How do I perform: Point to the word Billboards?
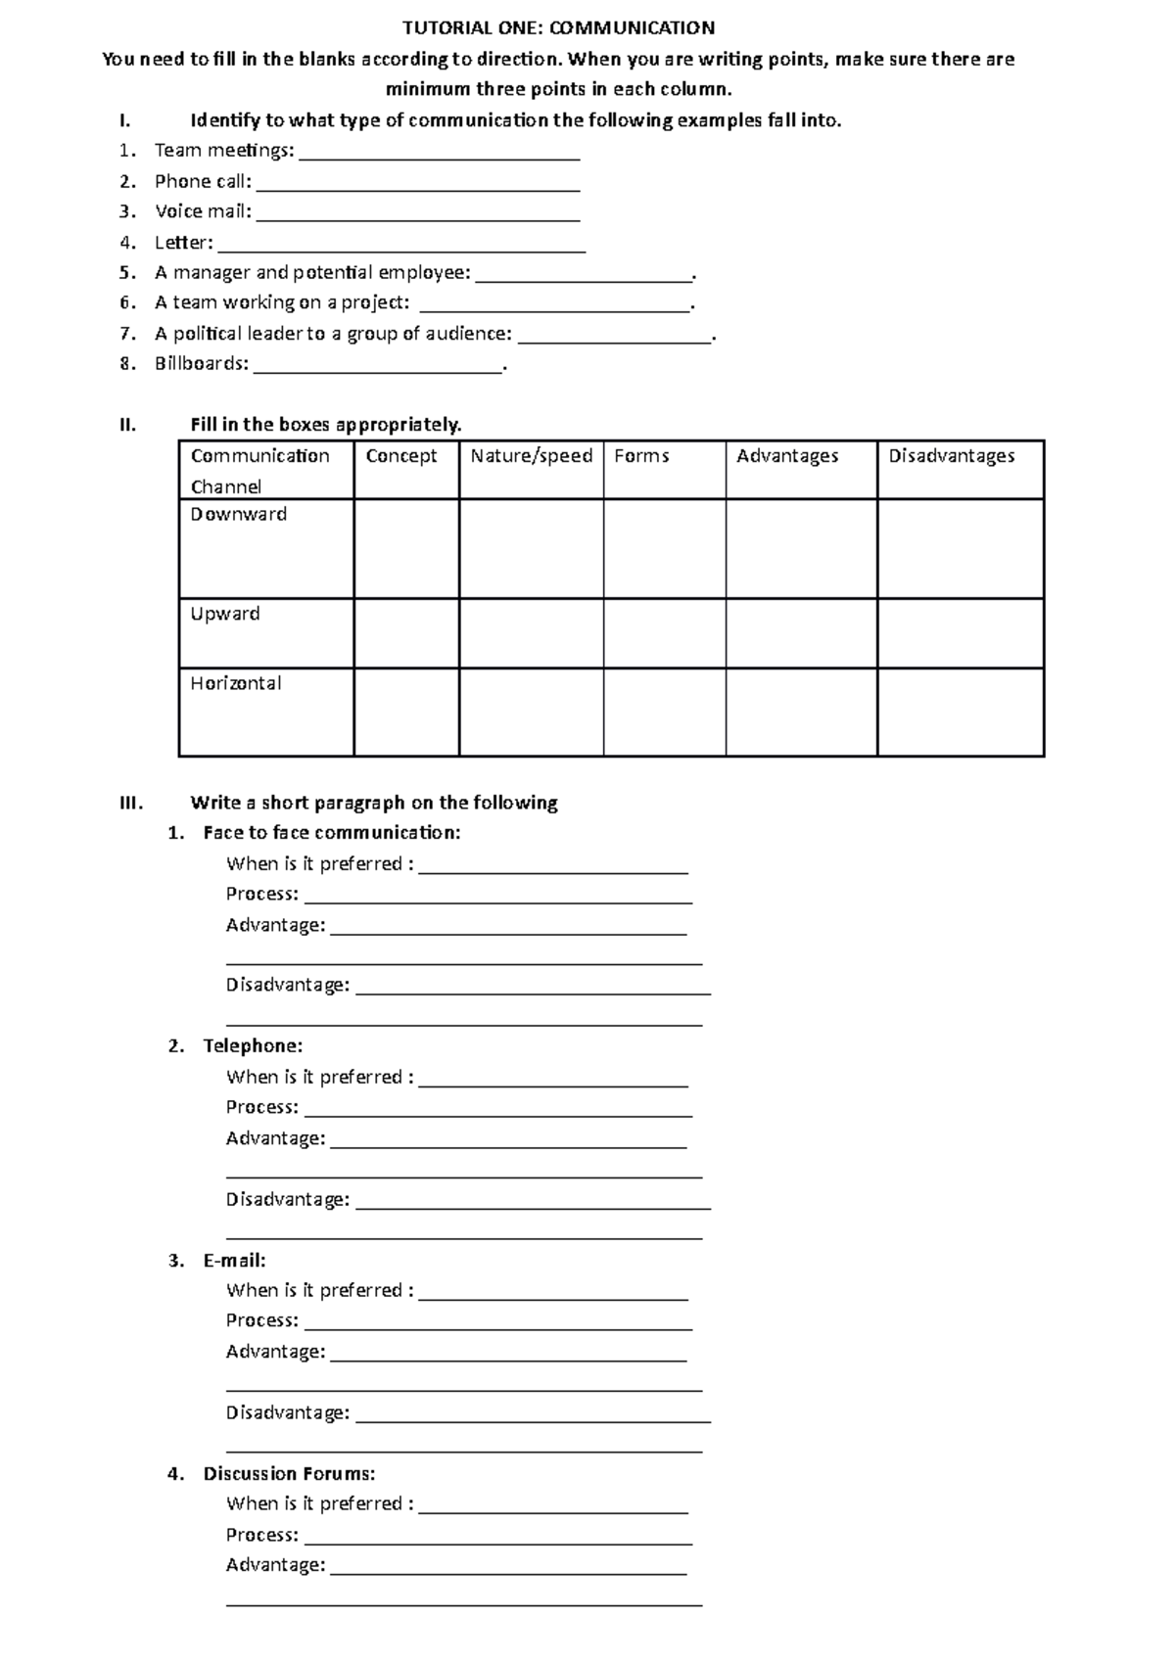201,363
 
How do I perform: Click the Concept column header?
401,456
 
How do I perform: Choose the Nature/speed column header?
531,456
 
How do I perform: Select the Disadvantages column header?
951,456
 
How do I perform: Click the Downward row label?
238,515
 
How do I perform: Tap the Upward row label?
225,614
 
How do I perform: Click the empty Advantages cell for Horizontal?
801,712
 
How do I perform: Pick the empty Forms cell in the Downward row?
664,548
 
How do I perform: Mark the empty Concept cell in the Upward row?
406,633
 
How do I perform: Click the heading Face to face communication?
331,833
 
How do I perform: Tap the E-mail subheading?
234,1260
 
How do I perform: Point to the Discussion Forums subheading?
289,1473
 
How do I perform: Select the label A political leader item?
333,334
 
